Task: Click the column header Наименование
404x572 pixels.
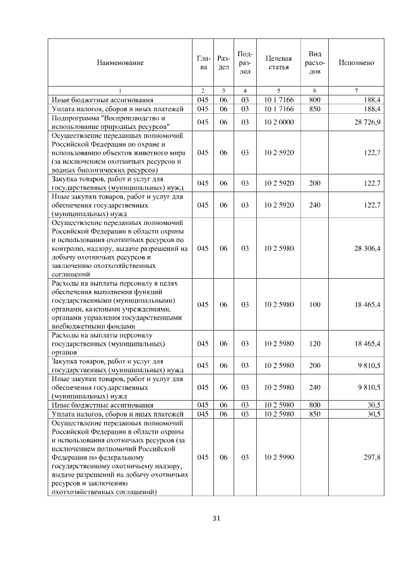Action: pyautogui.click(x=120, y=63)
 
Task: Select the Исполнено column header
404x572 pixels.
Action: pyautogui.click(x=357, y=63)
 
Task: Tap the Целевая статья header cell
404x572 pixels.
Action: pyautogui.click(x=278, y=63)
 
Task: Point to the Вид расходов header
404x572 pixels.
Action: pyautogui.click(x=315, y=63)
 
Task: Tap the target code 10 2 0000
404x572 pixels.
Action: pyautogui.click(x=278, y=121)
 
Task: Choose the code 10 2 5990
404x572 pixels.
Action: pyautogui.click(x=278, y=456)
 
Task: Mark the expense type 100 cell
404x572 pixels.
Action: pyautogui.click(x=315, y=305)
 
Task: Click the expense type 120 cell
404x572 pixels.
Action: pyautogui.click(x=315, y=343)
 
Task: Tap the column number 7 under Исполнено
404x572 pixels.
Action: pyautogui.click(x=357, y=91)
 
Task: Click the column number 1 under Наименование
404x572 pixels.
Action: pyautogui.click(x=120, y=91)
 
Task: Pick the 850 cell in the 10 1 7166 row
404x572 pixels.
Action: pyautogui.click(x=315, y=108)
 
